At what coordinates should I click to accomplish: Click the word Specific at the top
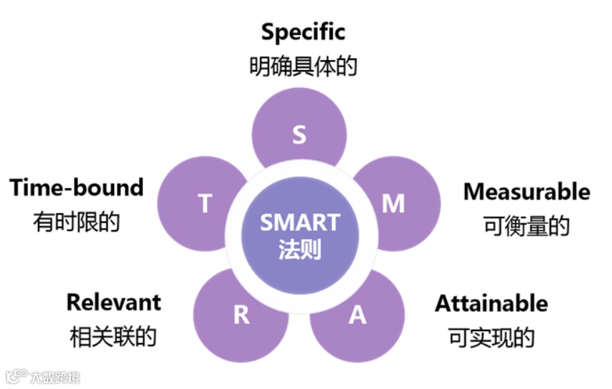coord(303,32)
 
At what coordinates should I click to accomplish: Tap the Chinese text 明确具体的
coord(303,67)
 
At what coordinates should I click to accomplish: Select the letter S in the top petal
coord(299,135)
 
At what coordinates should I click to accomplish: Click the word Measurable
coord(526,192)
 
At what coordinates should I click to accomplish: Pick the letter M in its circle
coord(393,204)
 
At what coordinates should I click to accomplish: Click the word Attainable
coord(491,303)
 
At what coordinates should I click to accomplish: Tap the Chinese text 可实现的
coord(491,337)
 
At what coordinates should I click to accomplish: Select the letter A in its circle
coord(357,315)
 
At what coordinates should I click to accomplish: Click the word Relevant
coord(114,302)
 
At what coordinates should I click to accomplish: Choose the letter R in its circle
coord(241,315)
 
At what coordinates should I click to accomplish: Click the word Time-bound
coord(76,188)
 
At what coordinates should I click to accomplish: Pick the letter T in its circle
coord(205,204)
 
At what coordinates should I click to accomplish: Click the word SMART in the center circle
coord(299,222)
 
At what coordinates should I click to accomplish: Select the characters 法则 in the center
coord(299,250)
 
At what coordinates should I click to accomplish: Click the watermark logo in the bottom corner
coord(16,377)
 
